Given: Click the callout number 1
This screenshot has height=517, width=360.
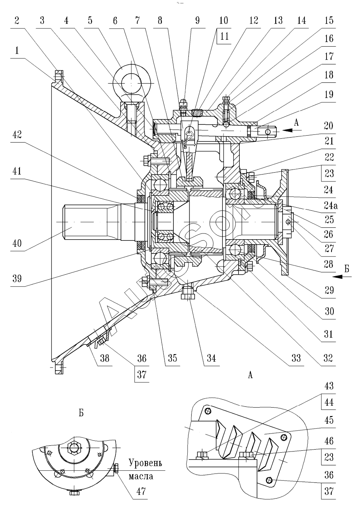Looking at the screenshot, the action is [x=17, y=51].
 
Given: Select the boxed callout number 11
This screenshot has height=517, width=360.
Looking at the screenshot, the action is [x=224, y=36].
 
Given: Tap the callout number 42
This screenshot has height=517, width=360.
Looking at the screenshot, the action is [x=17, y=135].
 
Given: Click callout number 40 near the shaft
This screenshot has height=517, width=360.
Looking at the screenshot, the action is [x=17, y=243].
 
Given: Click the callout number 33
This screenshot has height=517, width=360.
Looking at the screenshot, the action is [x=296, y=358].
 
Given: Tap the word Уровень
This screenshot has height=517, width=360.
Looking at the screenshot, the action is [x=145, y=463].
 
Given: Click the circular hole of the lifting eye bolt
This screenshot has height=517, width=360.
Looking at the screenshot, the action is [x=131, y=83].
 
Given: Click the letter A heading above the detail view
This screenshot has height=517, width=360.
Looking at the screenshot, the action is [x=250, y=375].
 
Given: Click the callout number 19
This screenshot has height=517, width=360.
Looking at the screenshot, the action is [x=329, y=94].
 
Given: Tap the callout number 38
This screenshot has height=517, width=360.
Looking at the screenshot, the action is [x=104, y=358].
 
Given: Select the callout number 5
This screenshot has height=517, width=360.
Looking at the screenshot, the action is [x=90, y=20].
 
